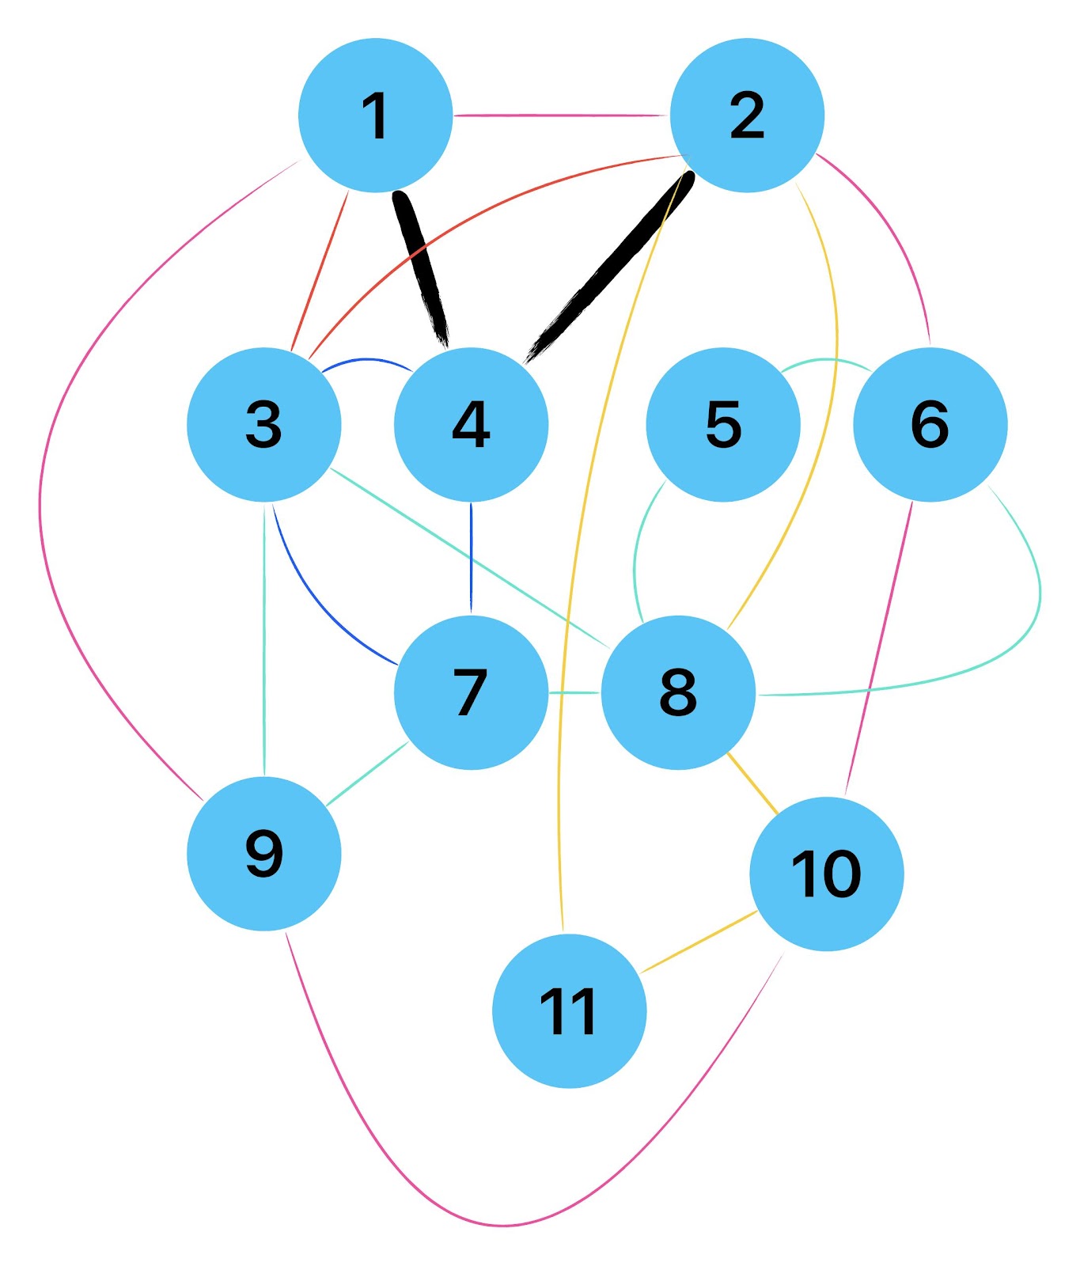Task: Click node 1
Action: tap(375, 115)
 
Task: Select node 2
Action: tap(747, 115)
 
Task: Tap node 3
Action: tap(263, 424)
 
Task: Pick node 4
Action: tap(471, 424)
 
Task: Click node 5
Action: tap(723, 424)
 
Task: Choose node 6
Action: tap(930, 424)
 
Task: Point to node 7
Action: tap(471, 692)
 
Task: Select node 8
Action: tap(678, 692)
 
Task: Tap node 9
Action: tap(263, 854)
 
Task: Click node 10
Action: tap(826, 874)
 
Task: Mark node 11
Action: tap(569, 1010)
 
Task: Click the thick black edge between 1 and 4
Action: tap(422, 265)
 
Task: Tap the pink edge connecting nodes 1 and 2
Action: tap(562, 116)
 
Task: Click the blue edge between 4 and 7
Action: tap(472, 558)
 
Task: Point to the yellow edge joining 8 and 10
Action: tap(752, 783)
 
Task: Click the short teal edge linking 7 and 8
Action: tap(574, 692)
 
